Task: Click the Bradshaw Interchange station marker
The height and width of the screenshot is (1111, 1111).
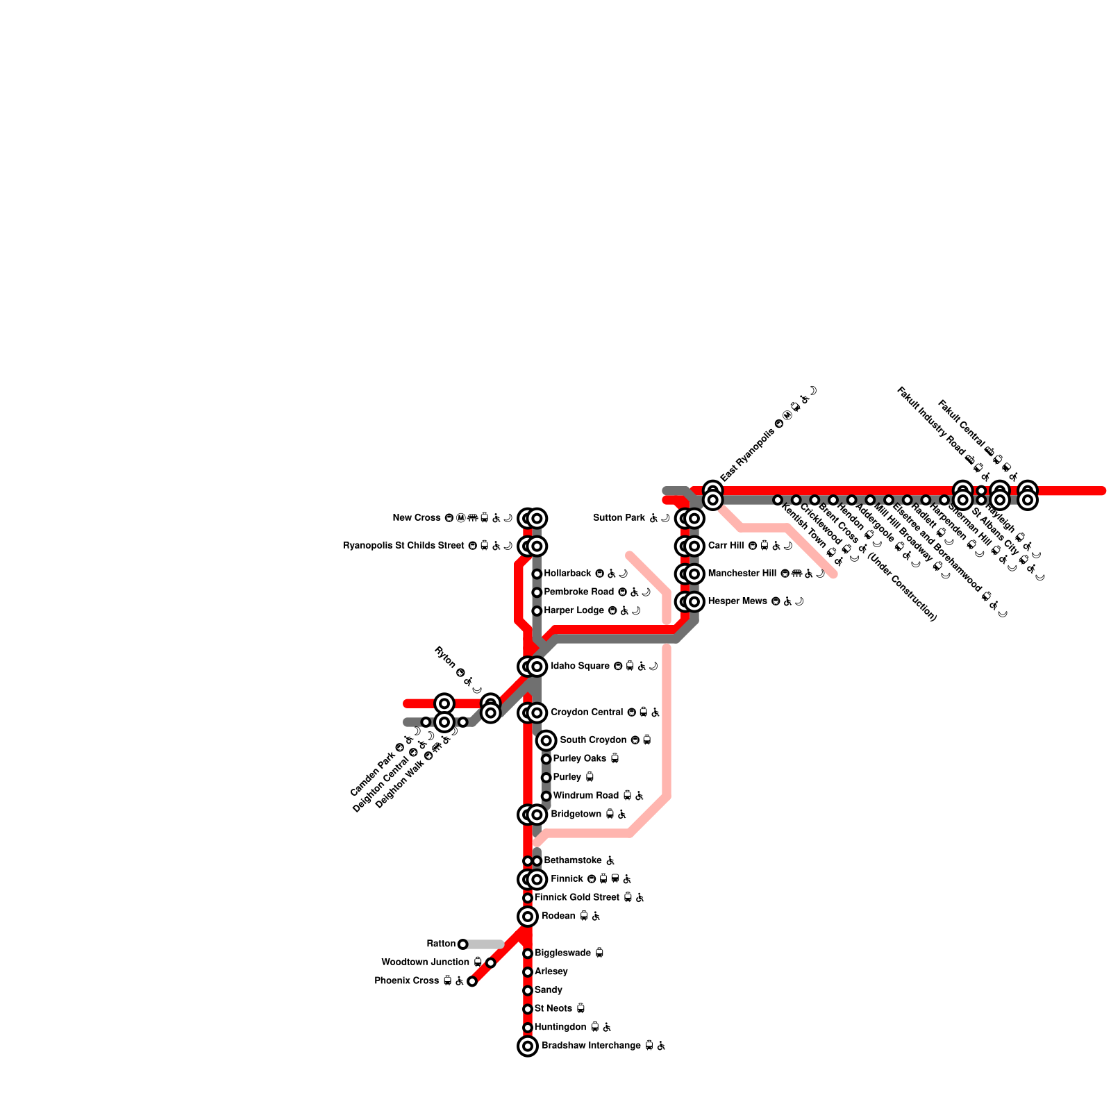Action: click(528, 1046)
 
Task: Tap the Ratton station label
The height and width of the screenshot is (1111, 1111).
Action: click(441, 944)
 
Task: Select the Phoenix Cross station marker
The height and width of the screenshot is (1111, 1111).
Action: click(472, 981)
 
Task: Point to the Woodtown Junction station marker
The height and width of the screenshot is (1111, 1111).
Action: click(491, 962)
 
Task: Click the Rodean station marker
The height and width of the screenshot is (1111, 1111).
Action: click(528, 917)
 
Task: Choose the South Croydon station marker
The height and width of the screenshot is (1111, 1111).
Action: click(546, 740)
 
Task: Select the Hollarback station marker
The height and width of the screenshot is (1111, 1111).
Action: click(537, 574)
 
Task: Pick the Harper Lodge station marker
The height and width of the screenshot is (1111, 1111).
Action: click(537, 611)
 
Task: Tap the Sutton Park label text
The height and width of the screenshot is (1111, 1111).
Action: click(619, 518)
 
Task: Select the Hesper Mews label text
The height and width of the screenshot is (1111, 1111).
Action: click(737, 601)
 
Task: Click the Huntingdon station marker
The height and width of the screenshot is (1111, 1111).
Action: click(528, 1028)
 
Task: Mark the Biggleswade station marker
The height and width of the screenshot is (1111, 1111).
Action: click(528, 953)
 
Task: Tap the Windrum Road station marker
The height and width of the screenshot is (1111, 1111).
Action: click(546, 796)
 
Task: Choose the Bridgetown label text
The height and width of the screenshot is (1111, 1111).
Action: click(576, 814)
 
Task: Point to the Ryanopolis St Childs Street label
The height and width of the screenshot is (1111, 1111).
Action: click(403, 546)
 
